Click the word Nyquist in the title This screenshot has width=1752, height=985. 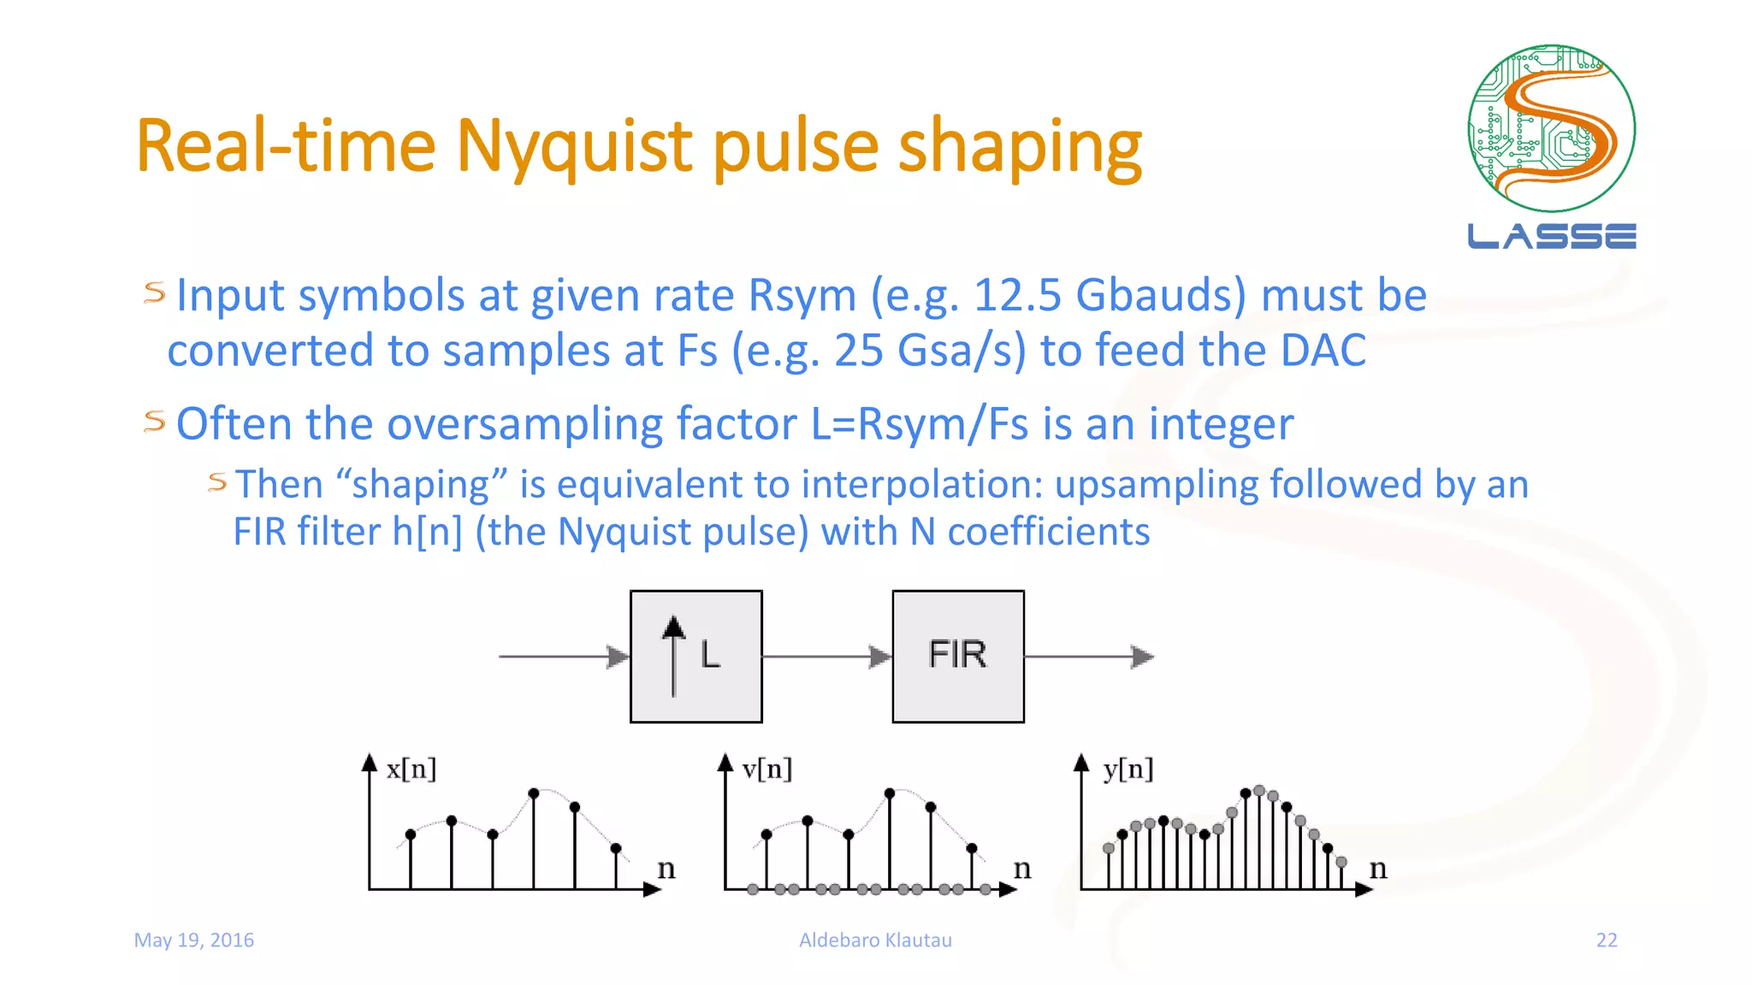(x=576, y=147)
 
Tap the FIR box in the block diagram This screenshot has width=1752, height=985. (x=957, y=656)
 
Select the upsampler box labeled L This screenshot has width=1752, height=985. (x=695, y=656)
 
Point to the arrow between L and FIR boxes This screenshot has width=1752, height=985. (x=826, y=657)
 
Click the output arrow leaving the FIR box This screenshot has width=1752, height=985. (x=1088, y=657)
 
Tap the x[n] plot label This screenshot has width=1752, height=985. (x=411, y=769)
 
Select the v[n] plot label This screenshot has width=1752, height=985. (x=766, y=769)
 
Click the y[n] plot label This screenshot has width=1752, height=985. (x=1128, y=769)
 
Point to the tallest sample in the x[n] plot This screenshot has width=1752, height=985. (x=534, y=793)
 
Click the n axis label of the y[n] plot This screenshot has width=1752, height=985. (x=1377, y=869)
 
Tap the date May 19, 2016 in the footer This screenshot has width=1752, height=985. (x=194, y=940)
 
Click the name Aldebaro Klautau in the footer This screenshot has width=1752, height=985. (x=875, y=940)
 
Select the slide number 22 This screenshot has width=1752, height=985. (x=1607, y=940)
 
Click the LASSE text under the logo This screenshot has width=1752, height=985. (x=1551, y=236)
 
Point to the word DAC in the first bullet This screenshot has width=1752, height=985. (x=1323, y=351)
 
